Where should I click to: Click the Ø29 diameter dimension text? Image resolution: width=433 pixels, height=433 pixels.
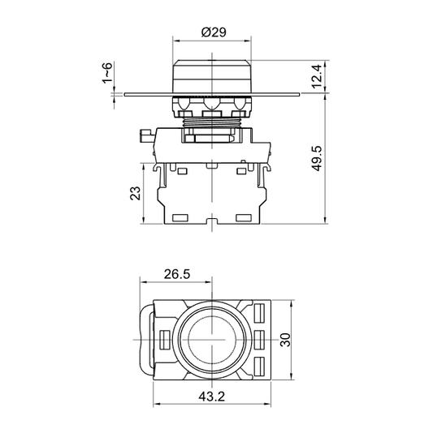click(213, 32)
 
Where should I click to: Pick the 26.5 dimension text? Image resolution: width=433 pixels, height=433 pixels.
click(175, 275)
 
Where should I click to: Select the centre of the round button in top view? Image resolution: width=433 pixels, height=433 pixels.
click(212, 338)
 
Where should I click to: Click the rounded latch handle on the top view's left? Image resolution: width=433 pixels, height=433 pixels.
click(146, 339)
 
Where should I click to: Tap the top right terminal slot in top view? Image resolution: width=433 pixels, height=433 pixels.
click(262, 312)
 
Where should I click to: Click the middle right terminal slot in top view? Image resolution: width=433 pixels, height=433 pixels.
click(262, 338)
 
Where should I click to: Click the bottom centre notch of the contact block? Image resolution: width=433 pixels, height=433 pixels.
click(212, 220)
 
